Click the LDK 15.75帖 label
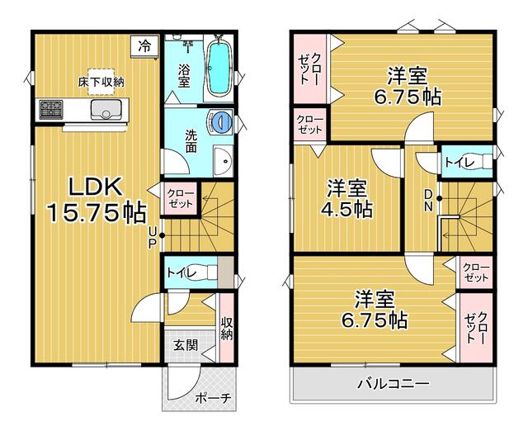(x=97, y=200)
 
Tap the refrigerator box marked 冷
(x=145, y=46)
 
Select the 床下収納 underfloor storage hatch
(x=101, y=82)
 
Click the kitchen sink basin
(x=106, y=110)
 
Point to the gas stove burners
(x=51, y=110)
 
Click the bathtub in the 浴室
(x=219, y=68)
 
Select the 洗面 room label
(x=191, y=141)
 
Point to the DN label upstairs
(x=428, y=200)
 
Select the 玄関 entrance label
(x=186, y=345)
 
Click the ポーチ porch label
(x=213, y=399)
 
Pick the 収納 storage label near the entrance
(x=227, y=329)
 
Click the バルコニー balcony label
(x=394, y=383)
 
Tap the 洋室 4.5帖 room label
(x=346, y=199)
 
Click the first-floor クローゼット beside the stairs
(x=181, y=198)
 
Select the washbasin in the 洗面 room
(x=224, y=161)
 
